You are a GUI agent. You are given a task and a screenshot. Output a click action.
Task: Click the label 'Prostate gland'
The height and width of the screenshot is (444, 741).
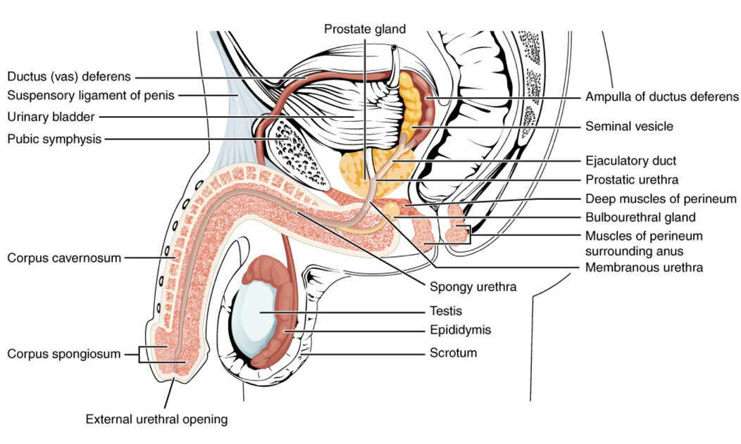click(x=365, y=29)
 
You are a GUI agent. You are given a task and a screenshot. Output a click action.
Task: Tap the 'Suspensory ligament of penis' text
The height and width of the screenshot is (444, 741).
click(x=91, y=95)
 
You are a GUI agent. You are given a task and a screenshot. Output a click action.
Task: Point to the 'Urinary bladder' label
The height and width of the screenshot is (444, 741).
click(x=51, y=116)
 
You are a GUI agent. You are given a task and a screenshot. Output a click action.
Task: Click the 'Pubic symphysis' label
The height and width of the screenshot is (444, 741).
click(x=54, y=139)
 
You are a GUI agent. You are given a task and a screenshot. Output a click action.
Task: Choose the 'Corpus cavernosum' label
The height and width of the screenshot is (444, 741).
click(x=64, y=258)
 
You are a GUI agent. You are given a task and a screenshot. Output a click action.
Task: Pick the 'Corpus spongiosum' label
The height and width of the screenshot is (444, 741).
click(x=64, y=353)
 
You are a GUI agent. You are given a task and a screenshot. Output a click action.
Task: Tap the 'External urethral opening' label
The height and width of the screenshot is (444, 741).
click(x=156, y=419)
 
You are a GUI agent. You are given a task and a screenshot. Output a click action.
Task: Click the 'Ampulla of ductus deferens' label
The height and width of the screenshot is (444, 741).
click(x=661, y=96)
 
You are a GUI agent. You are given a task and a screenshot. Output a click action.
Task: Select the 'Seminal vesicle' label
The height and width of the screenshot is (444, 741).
click(x=629, y=127)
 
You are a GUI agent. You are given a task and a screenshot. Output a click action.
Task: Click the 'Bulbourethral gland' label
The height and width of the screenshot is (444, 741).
click(x=640, y=217)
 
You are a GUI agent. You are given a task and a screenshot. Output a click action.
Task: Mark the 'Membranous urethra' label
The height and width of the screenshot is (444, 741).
click(x=644, y=267)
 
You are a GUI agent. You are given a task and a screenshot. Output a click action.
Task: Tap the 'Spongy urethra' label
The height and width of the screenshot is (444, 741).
click(x=473, y=287)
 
